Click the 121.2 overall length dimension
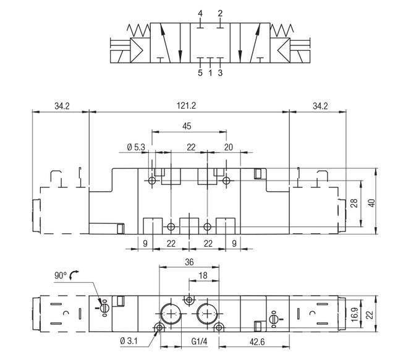186,106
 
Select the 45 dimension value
187,126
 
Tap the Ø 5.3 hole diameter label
136,147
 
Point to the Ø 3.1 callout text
129,341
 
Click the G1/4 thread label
200,341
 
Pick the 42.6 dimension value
257,342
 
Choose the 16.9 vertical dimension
355,314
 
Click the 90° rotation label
61,275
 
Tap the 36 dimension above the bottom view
189,262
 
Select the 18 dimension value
203,275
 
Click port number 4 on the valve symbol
200,14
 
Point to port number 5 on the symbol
200,73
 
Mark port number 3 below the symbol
220,73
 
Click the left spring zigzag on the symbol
138,30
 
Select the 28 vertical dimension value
354,203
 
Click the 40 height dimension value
371,203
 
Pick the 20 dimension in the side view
229,147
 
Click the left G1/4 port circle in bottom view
171,314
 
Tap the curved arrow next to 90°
74,275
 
